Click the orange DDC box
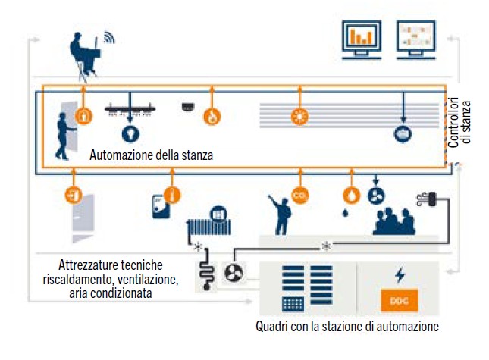point(399,302)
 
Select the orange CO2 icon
point(299,196)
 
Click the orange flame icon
point(212,117)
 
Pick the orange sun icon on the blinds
point(299,117)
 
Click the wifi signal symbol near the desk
point(108,37)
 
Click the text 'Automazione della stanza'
point(151,155)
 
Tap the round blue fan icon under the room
point(375,196)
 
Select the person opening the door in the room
point(67,134)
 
